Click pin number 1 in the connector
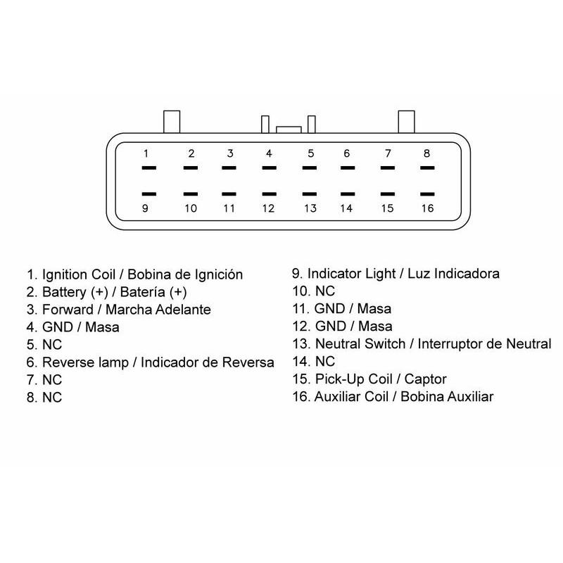(x=146, y=153)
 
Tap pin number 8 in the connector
(x=426, y=153)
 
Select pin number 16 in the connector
(x=426, y=208)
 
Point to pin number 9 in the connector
(x=145, y=208)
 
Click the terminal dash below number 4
(x=269, y=168)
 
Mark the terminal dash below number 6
(x=347, y=168)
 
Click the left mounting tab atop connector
(x=172, y=121)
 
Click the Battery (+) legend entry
(x=74, y=291)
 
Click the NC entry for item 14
(x=325, y=362)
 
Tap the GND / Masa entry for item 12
(x=353, y=327)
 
